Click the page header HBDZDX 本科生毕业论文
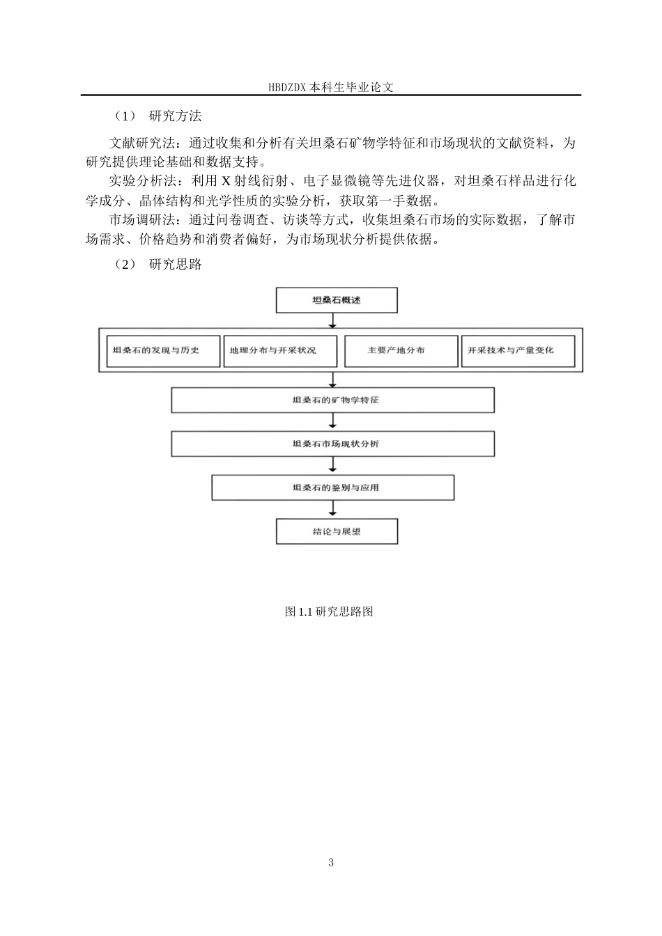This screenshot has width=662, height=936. pos(330,88)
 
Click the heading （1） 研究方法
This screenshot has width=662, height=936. pos(158,116)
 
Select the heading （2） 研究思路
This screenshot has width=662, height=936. pos(158,265)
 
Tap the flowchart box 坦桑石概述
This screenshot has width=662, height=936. pos(337,301)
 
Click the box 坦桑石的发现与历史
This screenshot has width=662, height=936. pos(160,350)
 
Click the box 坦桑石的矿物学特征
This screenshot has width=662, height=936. pos(333,400)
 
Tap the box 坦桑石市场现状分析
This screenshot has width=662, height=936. pos(333,444)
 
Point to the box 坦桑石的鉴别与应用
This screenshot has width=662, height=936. pos(333,487)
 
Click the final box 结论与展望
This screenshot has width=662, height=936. pos(337,531)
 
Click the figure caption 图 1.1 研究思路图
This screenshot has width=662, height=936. pos(330,611)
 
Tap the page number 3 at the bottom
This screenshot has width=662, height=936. pos(331,863)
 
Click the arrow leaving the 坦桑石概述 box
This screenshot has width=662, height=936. pos(333,320)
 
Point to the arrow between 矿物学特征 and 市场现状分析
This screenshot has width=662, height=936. pos(333,422)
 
